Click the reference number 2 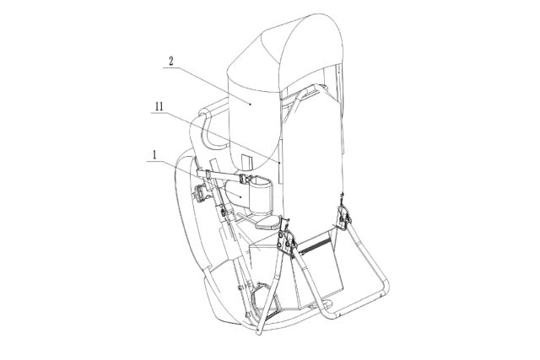click(170, 62)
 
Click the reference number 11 click(159, 107)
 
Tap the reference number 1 click(154, 155)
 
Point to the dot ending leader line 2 click(251, 103)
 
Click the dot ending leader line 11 click(280, 161)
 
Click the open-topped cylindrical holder click(261, 194)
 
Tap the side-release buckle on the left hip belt click(200, 193)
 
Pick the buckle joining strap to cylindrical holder click(245, 180)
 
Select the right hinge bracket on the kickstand click(343, 216)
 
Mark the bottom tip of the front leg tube click(258, 332)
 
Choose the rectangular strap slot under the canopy click(247, 163)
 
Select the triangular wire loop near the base click(262, 299)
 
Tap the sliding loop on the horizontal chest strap click(208, 174)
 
